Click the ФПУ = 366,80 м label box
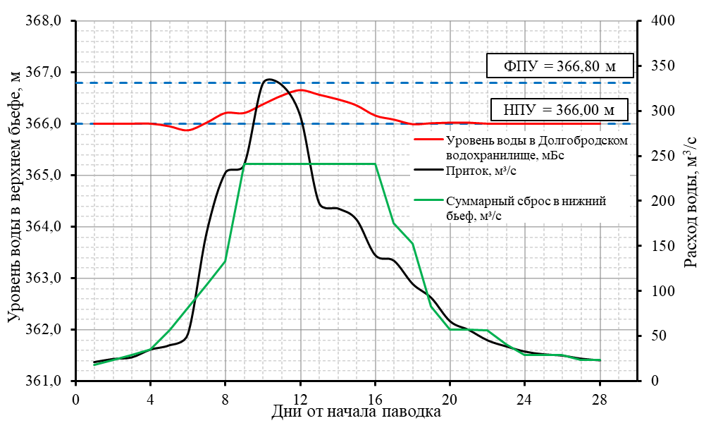559,67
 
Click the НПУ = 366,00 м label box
559,109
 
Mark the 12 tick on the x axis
300,397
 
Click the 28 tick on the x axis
600,397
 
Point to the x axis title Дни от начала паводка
356,412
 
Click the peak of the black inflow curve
270,79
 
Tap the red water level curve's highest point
301,90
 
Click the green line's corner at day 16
375,164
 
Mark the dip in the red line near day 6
187,130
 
